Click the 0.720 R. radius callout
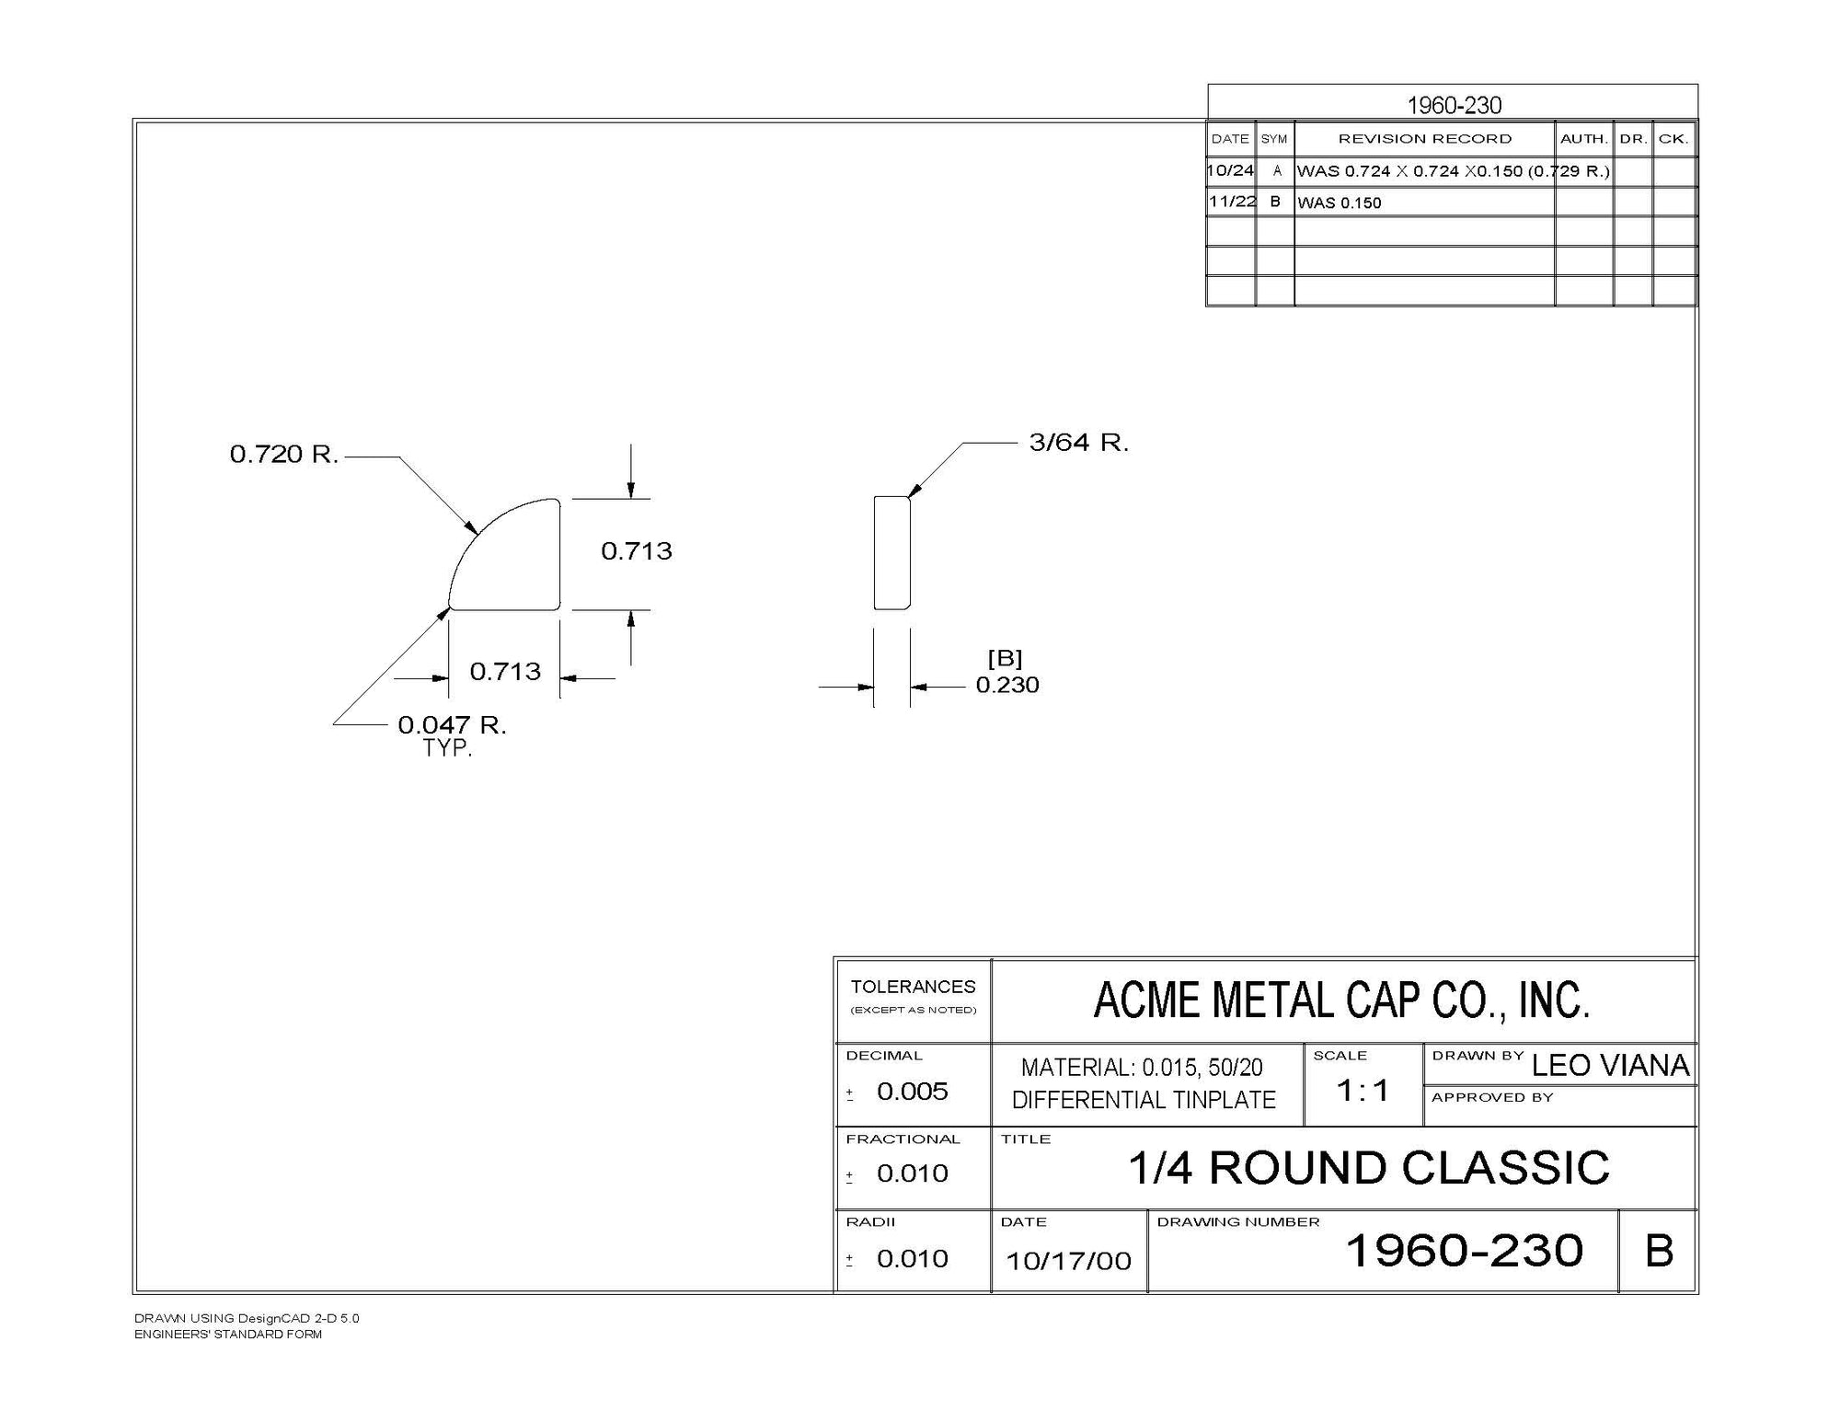pos(284,454)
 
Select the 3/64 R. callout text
pos(1078,443)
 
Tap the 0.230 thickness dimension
pos(1007,685)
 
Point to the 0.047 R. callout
pos(452,725)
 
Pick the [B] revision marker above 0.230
pos(1005,658)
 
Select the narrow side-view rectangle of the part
pos(891,553)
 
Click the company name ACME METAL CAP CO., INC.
pos(1341,1000)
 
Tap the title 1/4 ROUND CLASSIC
pos(1368,1168)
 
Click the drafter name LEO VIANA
pos(1610,1066)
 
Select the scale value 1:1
pos(1363,1091)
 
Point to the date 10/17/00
pos(1068,1261)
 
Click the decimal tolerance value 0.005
pos(912,1092)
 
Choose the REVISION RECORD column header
pos(1424,139)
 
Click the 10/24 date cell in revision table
pos(1231,170)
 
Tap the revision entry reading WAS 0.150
pos(1339,202)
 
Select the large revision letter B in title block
pos(1658,1252)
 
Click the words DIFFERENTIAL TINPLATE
pos(1144,1100)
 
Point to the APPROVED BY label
pos(1492,1097)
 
